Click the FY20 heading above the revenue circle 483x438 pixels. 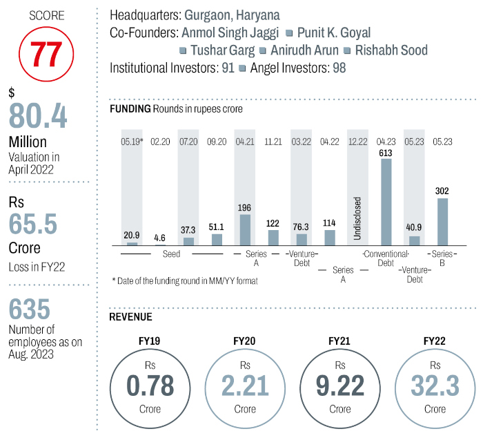[x=245, y=341]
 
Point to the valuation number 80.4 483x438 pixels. [x=38, y=115]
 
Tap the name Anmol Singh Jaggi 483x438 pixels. [x=230, y=32]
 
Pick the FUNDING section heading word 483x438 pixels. [x=130, y=108]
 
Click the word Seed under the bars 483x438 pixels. [x=172, y=254]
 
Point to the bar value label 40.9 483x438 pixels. [x=414, y=228]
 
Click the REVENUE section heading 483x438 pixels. [x=130, y=317]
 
